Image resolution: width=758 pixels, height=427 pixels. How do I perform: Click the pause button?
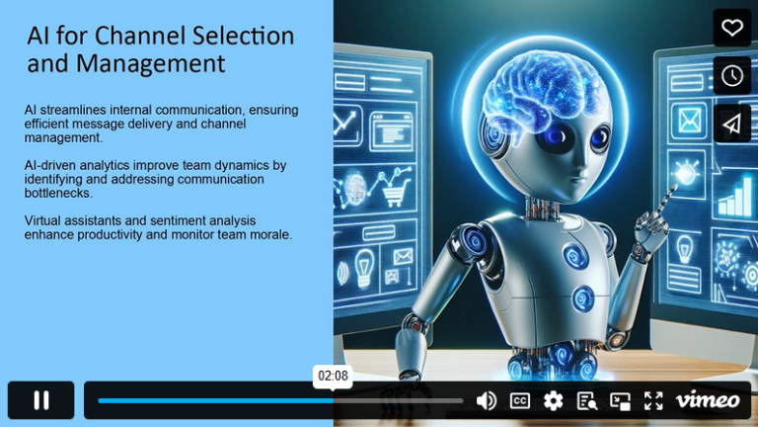tap(41, 400)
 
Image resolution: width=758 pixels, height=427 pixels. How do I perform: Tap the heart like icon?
tap(732, 28)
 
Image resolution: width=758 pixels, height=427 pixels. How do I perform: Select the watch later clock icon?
tap(732, 75)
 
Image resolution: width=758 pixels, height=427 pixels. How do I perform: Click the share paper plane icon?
tap(732, 123)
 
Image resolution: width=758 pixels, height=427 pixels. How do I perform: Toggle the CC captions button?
tap(520, 400)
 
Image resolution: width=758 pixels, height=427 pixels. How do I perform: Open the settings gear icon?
tap(553, 400)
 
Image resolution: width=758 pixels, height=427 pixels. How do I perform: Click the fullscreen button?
tap(653, 400)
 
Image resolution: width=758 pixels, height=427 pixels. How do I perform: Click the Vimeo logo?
tap(707, 400)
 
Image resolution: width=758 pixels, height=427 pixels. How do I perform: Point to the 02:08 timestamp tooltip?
tap(333, 376)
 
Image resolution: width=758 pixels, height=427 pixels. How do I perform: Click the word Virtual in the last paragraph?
tap(46, 219)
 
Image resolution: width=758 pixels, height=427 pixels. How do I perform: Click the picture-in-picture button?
tap(620, 400)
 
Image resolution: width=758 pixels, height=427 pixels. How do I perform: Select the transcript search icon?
tap(586, 400)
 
